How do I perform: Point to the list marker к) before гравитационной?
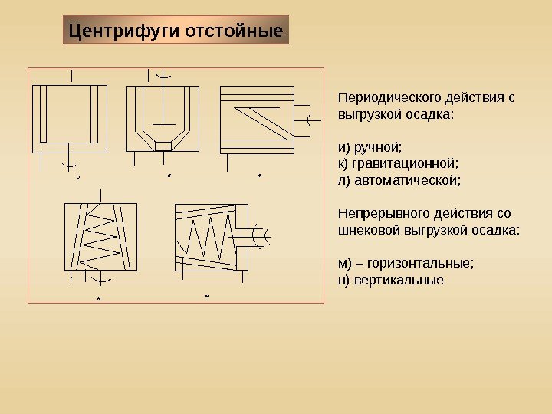click(343, 163)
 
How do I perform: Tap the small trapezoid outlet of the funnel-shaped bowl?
click(163, 146)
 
